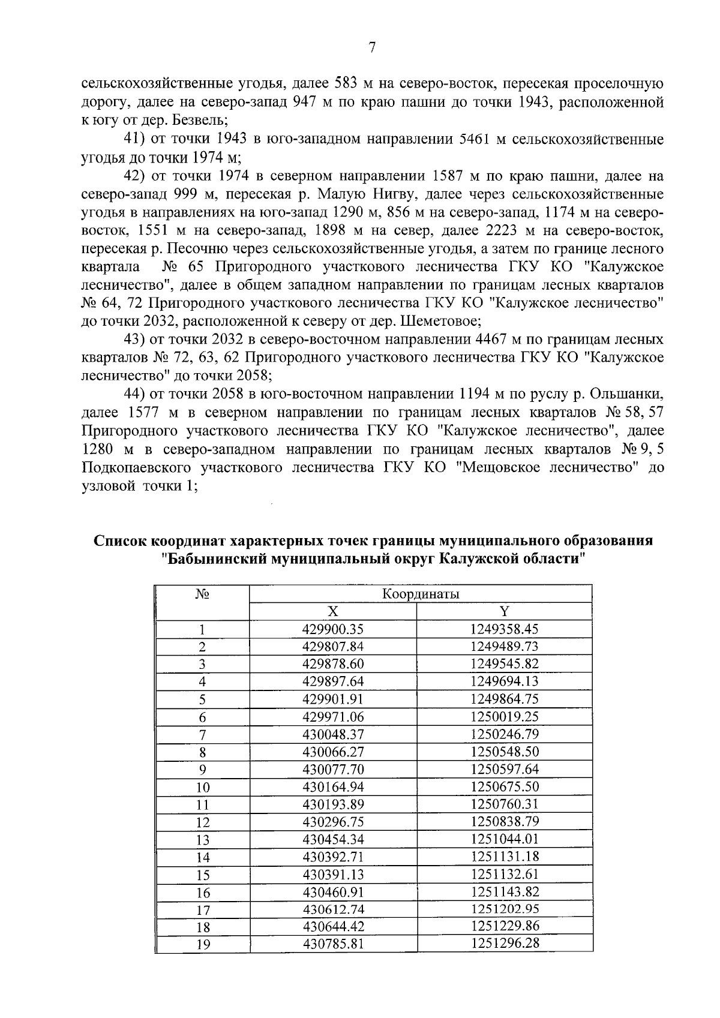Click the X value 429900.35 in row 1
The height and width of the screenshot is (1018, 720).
tap(333, 629)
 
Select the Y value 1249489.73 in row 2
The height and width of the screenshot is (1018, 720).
tap(505, 647)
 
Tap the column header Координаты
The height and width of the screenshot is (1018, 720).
tap(421, 594)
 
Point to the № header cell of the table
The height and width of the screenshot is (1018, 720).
tap(202, 594)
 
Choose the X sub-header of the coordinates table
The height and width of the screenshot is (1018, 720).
tap(333, 611)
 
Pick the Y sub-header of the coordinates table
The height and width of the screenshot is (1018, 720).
tap(505, 611)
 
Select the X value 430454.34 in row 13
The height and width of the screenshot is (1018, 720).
tap(333, 839)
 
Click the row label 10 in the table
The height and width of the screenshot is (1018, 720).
tap(203, 788)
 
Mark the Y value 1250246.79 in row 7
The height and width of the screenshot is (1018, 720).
tap(505, 734)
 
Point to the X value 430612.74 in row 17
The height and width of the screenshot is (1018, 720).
tap(333, 909)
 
